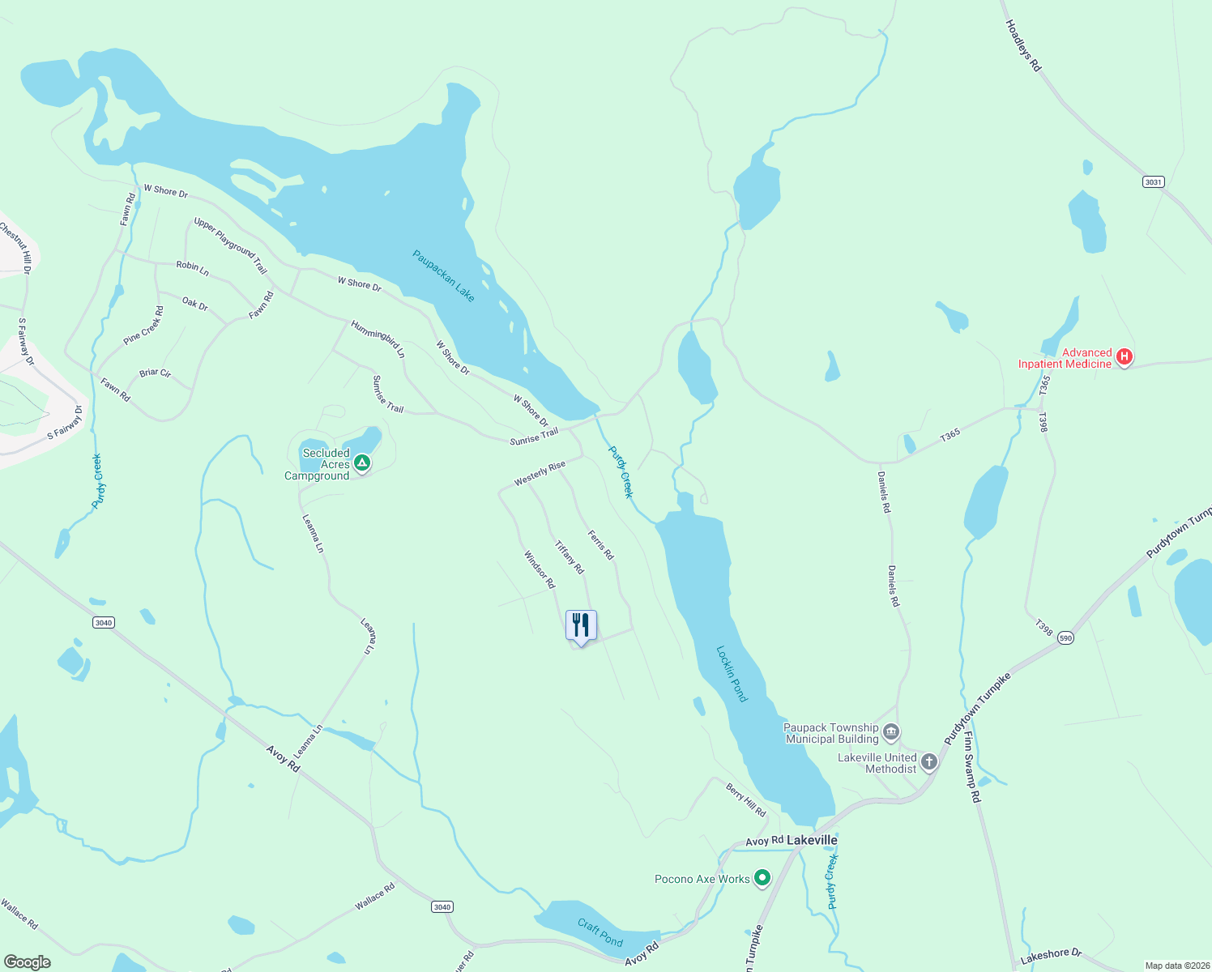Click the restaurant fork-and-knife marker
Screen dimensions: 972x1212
[581, 625]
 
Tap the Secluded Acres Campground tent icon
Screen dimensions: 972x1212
[362, 463]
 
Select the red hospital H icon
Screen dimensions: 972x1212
[1124, 356]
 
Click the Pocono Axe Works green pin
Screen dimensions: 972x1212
[762, 878]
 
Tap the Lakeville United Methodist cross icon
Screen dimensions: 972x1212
[929, 761]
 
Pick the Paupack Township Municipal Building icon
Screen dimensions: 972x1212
[891, 732]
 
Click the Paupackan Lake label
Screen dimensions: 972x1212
[443, 275]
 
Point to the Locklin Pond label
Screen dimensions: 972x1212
[732, 673]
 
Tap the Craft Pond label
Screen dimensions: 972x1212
[600, 932]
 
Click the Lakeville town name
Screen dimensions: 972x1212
[812, 840]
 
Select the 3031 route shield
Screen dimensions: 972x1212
[1153, 181]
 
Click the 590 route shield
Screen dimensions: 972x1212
[1065, 637]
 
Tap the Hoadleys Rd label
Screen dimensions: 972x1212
[1022, 46]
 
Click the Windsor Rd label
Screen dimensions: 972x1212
[540, 569]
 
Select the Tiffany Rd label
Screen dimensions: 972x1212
[569, 557]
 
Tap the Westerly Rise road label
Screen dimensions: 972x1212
[540, 474]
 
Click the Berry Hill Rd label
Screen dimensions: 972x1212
[745, 799]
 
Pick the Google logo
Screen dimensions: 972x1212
[28, 961]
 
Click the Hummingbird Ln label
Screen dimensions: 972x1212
[378, 339]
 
